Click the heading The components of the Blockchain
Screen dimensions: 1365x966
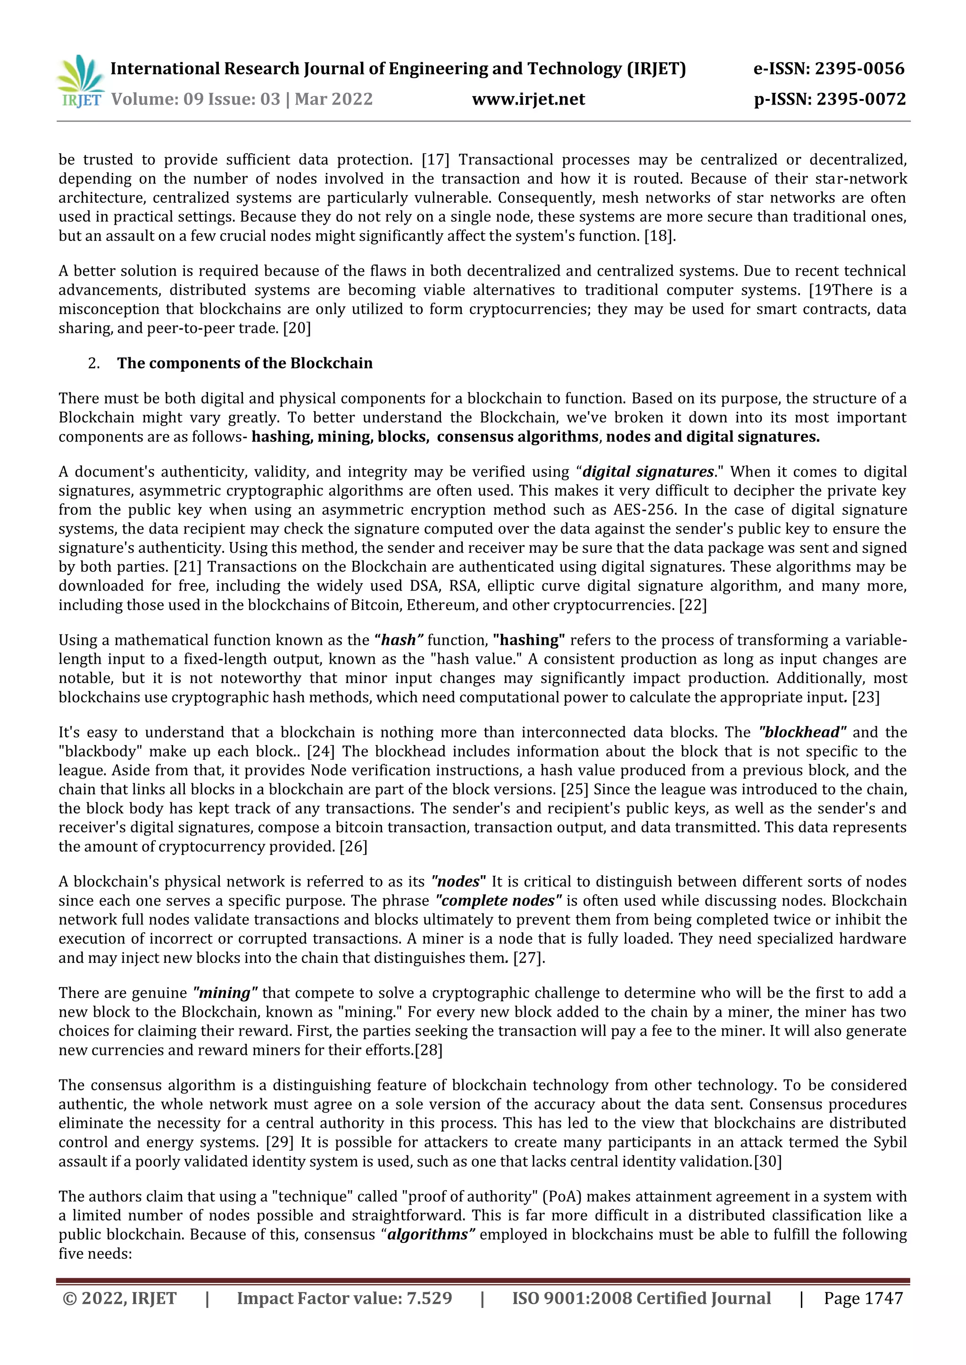tap(244, 363)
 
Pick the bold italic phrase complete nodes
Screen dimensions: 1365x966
tap(499, 901)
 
